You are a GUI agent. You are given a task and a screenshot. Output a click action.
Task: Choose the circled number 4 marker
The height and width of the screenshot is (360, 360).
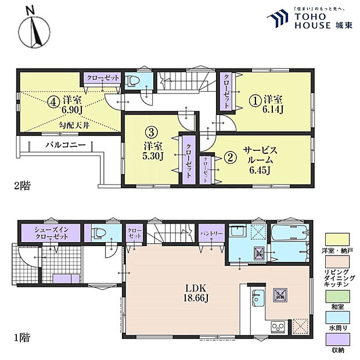pos(53,100)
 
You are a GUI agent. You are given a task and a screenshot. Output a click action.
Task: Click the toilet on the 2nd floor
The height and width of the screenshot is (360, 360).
pos(131,81)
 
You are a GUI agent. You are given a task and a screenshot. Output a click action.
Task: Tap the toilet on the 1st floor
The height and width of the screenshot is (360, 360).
pos(98,232)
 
